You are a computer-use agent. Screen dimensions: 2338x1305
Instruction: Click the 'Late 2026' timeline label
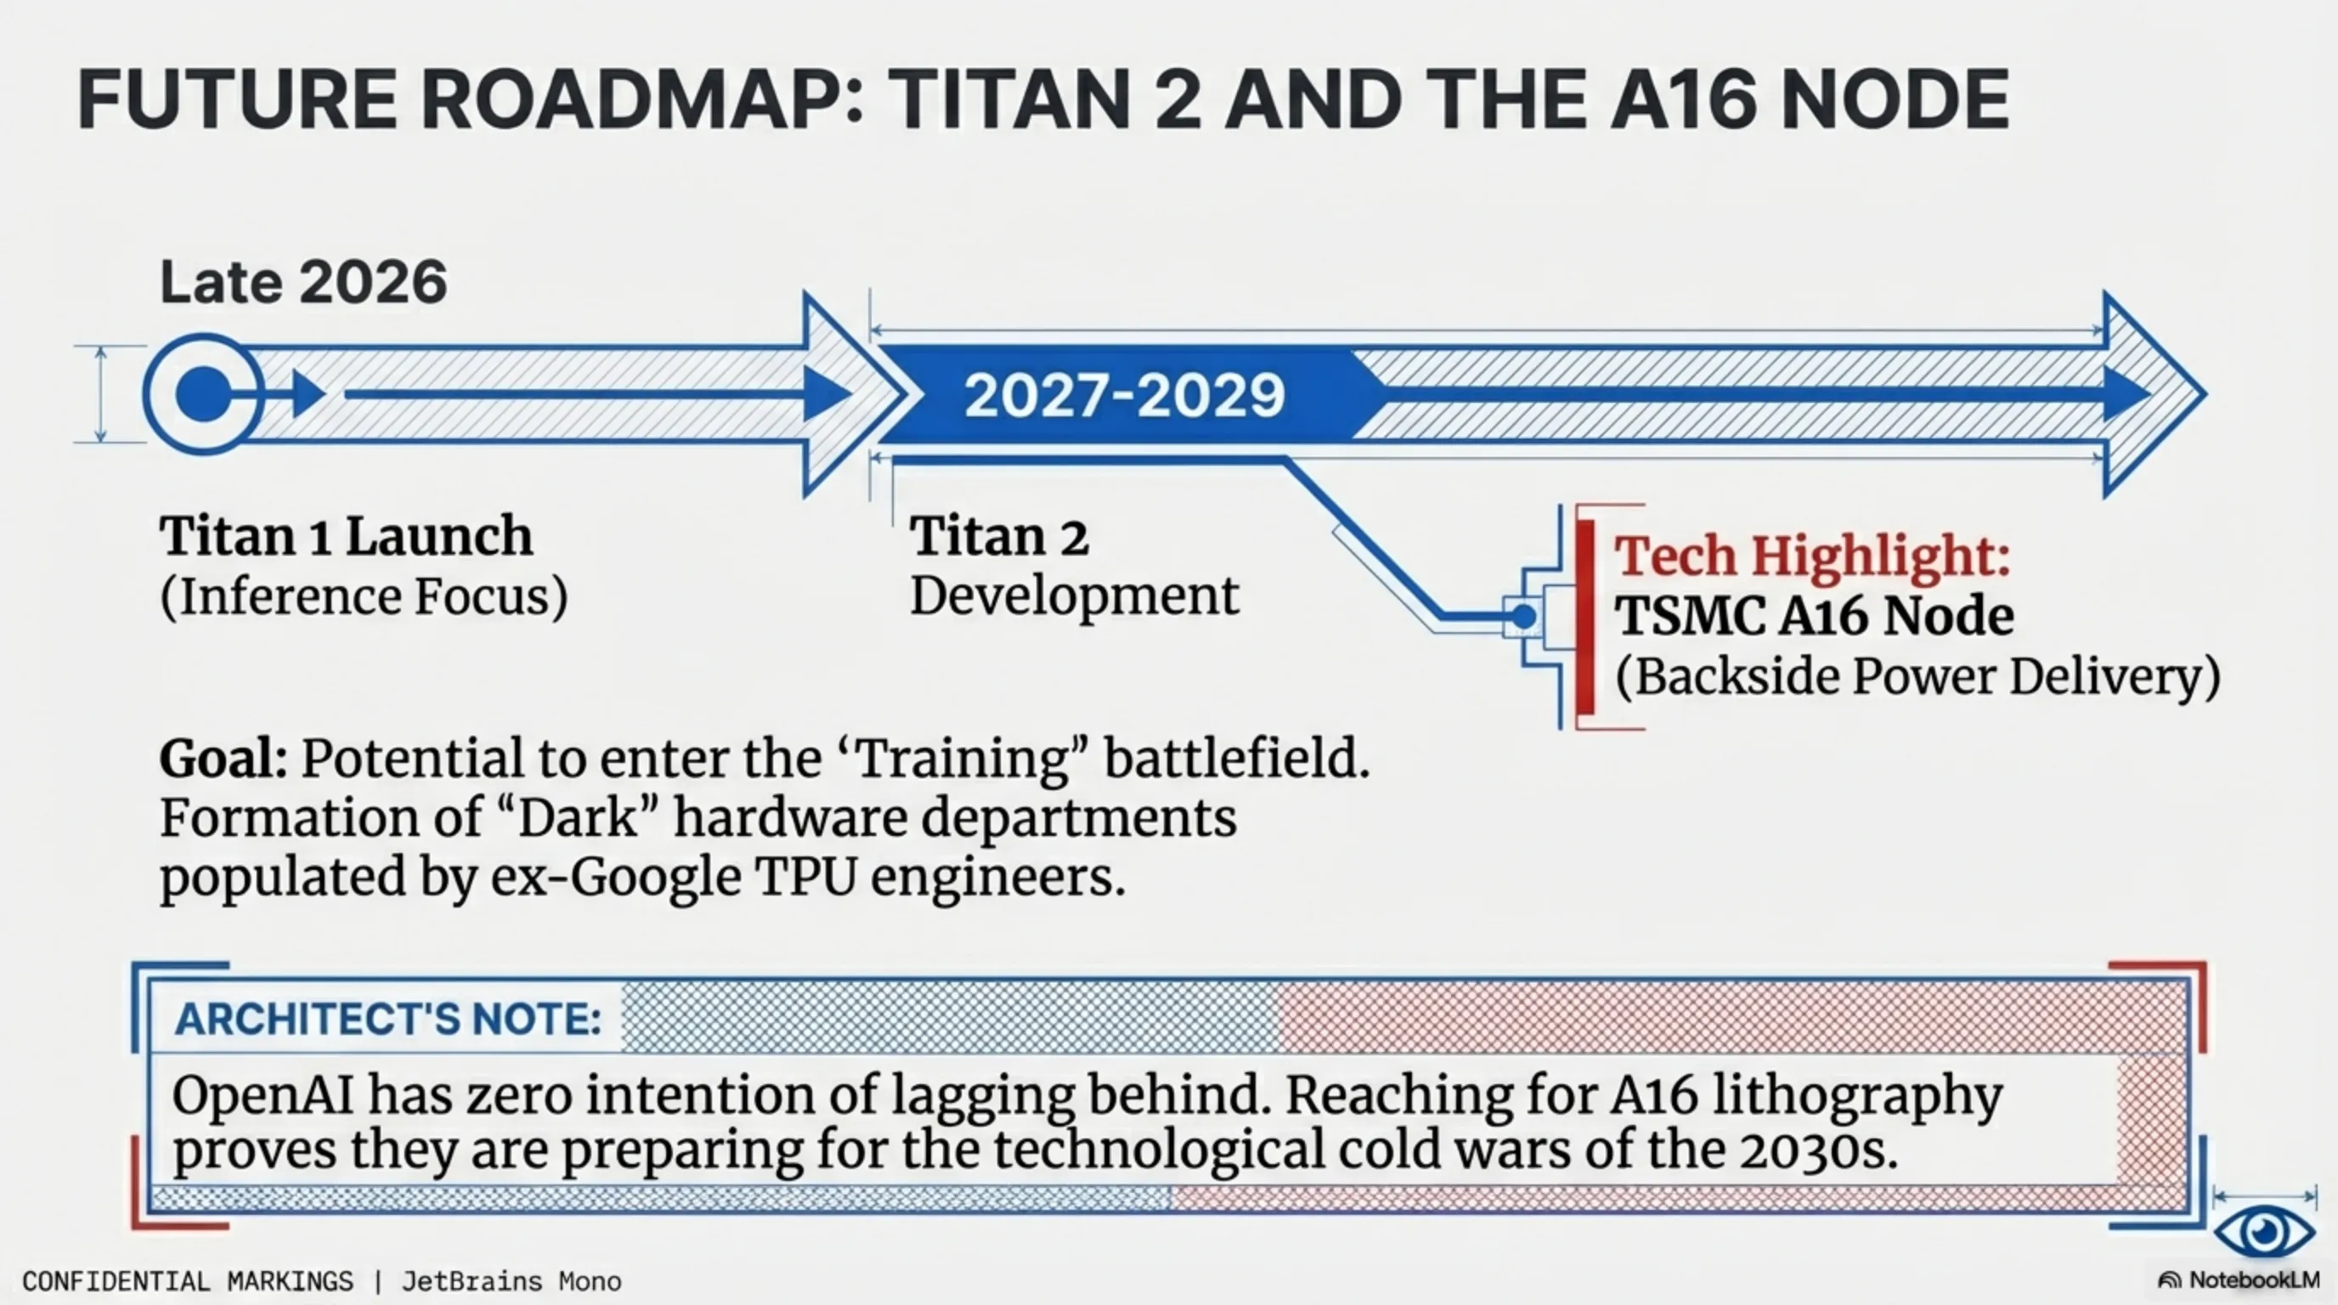click(x=303, y=282)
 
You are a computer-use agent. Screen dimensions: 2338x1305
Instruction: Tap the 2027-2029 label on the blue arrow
click(x=1124, y=396)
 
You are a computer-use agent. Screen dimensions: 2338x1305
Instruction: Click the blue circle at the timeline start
click(x=204, y=395)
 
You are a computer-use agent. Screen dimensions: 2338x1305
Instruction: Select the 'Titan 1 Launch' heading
click(x=346, y=535)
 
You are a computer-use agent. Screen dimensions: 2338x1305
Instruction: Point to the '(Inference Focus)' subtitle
click(x=364, y=596)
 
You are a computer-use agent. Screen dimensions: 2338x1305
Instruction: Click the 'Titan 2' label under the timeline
click(x=999, y=535)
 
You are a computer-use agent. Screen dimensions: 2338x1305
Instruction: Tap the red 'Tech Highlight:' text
click(x=1812, y=556)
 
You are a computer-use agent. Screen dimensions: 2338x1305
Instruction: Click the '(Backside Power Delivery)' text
click(x=1917, y=677)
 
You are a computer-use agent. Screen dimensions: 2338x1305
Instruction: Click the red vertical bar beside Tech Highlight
click(x=1584, y=617)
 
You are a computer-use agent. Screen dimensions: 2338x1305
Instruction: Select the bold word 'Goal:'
click(x=223, y=759)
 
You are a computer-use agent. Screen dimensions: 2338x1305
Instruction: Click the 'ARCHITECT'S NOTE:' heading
click(x=387, y=1020)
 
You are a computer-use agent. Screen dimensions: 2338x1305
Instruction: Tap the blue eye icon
click(x=2264, y=1231)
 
